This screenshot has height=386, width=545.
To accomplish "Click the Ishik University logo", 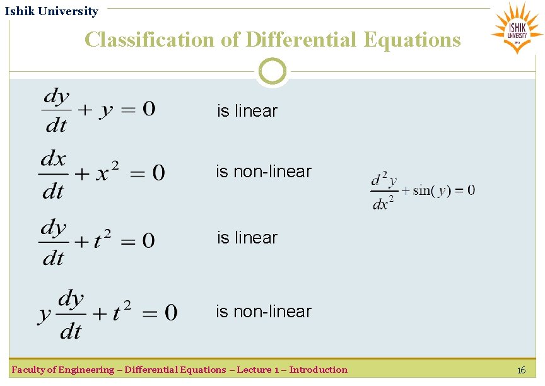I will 517,27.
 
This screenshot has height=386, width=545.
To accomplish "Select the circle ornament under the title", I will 272,71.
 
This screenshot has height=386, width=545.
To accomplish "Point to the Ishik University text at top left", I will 52,11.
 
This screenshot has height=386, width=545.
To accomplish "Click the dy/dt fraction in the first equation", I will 56,110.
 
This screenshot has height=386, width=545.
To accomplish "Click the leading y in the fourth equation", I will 44,313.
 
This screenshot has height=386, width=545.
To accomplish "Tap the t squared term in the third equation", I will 103,239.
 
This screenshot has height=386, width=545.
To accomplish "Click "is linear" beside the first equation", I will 247,111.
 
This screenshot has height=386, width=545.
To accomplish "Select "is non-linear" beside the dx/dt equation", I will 264,172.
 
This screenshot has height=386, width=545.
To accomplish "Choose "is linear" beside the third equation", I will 247,238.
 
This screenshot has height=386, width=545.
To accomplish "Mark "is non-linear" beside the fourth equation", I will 264,312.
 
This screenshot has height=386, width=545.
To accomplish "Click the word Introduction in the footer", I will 318,370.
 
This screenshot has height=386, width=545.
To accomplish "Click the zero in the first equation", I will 149,109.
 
